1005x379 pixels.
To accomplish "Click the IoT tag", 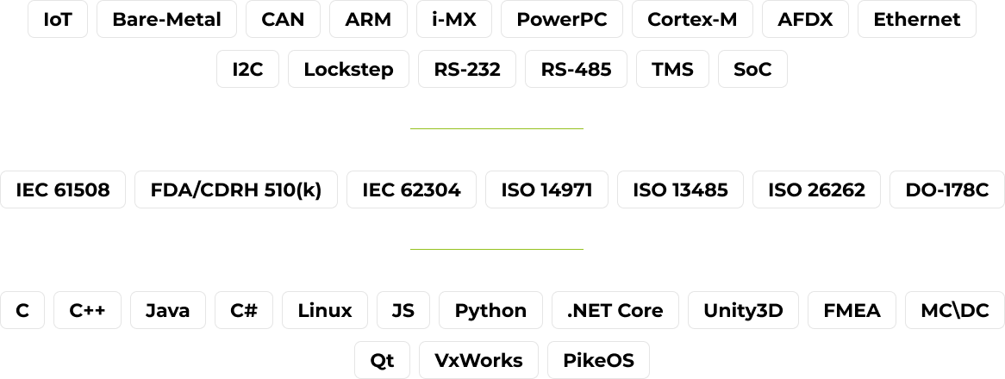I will coord(58,19).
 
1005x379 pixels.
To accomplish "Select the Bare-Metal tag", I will coord(166,19).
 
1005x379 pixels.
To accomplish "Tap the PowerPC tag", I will coord(561,19).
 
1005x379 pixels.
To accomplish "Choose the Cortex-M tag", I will coord(692,19).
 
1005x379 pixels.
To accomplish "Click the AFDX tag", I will coord(805,19).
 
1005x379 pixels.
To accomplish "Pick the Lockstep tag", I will coord(348,70).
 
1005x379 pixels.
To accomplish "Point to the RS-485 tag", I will coord(576,70).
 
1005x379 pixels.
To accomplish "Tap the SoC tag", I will coord(752,70).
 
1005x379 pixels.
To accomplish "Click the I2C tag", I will coord(247,70).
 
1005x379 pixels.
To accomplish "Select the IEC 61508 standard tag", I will coord(63,190).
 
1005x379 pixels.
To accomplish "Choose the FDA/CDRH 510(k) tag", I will coord(236,190).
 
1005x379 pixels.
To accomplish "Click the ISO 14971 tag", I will coord(546,190).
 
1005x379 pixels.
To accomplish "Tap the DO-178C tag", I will coord(947,190).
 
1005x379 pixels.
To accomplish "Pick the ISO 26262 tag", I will coord(816,190).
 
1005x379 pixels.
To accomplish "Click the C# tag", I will coord(244,311).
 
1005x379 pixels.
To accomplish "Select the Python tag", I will coord(490,311).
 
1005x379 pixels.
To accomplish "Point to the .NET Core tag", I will coord(615,311).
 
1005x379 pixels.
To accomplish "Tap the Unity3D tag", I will coord(743,311).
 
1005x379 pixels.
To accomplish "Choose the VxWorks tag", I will coord(478,360).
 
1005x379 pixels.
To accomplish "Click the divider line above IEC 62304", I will coord(496,128).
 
